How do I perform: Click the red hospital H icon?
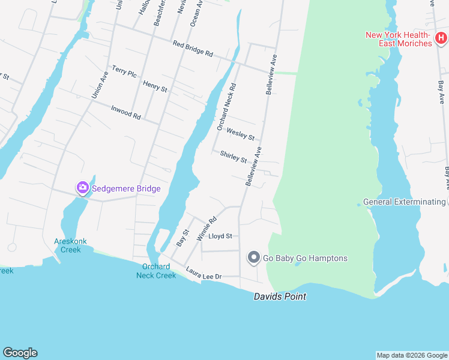point(441,39)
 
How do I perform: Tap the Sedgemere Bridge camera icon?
point(82,188)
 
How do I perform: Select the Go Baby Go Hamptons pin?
point(253,258)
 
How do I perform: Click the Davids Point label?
point(280,296)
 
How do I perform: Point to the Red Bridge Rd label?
point(193,49)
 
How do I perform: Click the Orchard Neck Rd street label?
point(227,107)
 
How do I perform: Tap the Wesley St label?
point(240,134)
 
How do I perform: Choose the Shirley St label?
point(233,157)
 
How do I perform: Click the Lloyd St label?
point(220,236)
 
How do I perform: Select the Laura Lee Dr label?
point(203,273)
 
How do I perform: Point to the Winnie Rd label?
point(206,229)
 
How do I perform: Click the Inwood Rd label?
point(125,112)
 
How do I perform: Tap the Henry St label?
point(155,86)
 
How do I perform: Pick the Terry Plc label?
point(124,71)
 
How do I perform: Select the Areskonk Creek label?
point(70,245)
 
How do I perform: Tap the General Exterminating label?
point(405,202)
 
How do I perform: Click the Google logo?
point(20,353)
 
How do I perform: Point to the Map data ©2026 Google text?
point(411,355)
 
